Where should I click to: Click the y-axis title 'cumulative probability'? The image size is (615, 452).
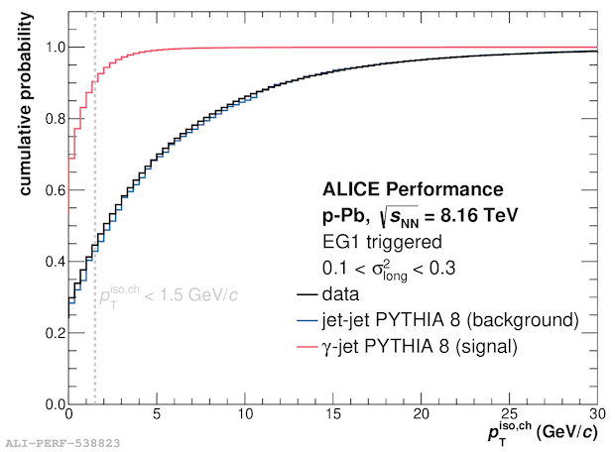tap(26, 103)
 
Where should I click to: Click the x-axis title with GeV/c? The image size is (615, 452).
tap(543, 433)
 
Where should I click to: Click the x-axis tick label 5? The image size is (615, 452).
tap(157, 414)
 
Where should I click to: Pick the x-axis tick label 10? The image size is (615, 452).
tap(245, 414)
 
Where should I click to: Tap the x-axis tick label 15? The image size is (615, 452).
tap(333, 414)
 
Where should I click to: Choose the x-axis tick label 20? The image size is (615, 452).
tap(422, 414)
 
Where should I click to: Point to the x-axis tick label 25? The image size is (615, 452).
tap(510, 414)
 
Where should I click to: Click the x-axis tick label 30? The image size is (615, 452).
tap(597, 414)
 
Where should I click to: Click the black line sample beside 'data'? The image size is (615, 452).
tap(307, 294)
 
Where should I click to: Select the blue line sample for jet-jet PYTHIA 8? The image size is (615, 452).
tap(307, 320)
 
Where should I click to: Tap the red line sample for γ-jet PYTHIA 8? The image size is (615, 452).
tap(307, 347)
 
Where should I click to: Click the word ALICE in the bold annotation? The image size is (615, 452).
tap(351, 189)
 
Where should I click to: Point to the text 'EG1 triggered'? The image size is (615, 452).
tap(382, 242)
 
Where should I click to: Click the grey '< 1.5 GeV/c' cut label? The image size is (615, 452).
tap(191, 294)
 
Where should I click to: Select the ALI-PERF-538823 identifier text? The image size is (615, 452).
tap(62, 443)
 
